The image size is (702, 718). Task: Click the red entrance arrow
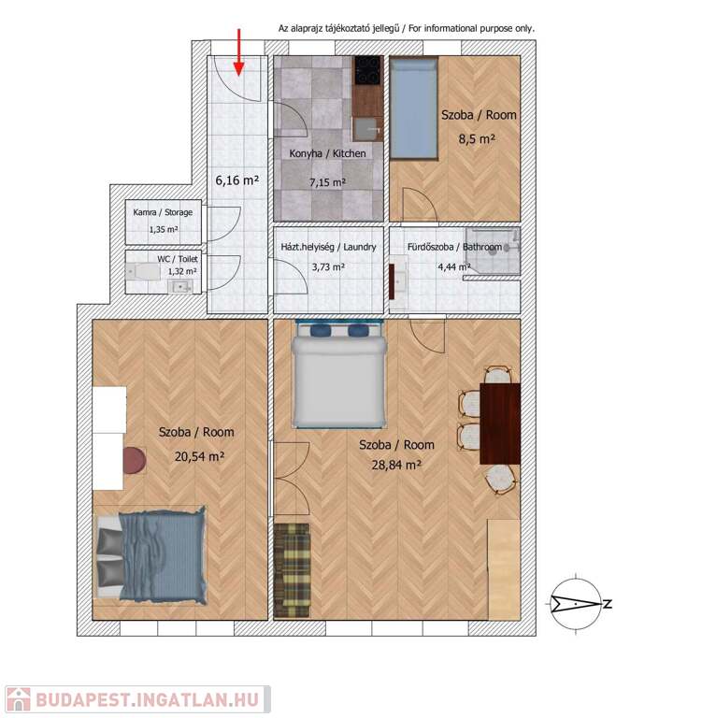click(238, 51)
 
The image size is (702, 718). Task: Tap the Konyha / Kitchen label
click(327, 153)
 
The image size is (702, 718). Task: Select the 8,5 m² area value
click(477, 138)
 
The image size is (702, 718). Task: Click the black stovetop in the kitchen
click(367, 70)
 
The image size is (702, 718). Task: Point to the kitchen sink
click(367, 129)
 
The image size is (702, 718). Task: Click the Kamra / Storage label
click(163, 212)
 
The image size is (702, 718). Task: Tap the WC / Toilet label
click(178, 259)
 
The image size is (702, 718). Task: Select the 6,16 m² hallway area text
click(237, 180)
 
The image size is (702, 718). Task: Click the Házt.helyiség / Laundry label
click(328, 247)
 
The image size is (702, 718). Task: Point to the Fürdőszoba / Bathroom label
click(454, 247)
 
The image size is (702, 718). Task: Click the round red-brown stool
click(135, 460)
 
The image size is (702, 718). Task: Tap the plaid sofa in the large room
click(292, 570)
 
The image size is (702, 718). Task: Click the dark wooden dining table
click(500, 424)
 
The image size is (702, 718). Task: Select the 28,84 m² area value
click(396, 466)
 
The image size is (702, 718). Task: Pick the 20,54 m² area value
click(199, 456)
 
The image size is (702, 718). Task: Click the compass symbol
click(576, 604)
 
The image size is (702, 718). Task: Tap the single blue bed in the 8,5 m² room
click(413, 108)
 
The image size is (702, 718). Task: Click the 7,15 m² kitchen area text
click(327, 182)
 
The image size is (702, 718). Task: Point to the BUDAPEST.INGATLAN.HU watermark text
click(148, 700)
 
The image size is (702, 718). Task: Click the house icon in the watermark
click(19, 699)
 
